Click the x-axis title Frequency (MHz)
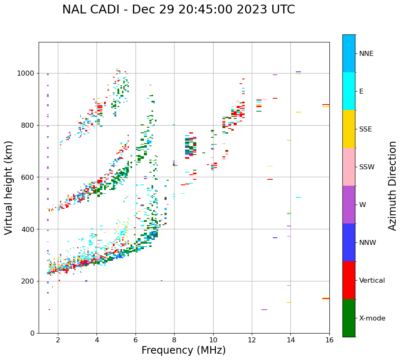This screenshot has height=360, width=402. pos(183,350)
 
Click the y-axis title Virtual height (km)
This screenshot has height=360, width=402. pos(9,188)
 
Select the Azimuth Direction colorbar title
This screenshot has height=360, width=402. pos(392,186)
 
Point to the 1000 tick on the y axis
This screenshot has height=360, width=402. pos(27,74)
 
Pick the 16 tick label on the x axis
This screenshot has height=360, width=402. pos(329,340)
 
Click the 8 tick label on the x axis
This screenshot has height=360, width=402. pos(174,340)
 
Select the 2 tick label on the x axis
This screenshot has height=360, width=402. pos(58,340)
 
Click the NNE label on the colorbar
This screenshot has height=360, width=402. pos(366,54)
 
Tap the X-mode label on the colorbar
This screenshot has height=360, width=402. pos(372,318)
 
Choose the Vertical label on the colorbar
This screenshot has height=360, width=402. pos(372,281)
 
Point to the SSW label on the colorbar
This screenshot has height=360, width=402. pos(367,167)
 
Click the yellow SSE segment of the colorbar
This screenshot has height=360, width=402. pos(349,129)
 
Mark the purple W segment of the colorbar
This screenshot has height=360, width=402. pos(349,205)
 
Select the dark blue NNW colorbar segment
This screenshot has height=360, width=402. pos(349,242)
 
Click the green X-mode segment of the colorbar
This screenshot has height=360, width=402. pos(349,318)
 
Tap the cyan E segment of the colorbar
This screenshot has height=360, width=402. pos(349,91)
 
